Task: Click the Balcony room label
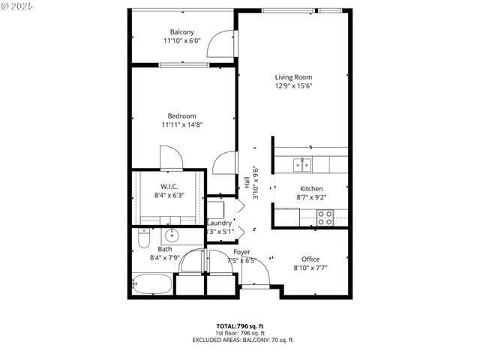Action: (x=182, y=31)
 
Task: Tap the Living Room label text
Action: (x=292, y=76)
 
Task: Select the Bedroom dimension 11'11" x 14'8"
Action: (x=181, y=124)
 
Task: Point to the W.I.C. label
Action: (x=169, y=186)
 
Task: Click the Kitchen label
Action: (x=311, y=189)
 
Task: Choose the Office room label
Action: (x=310, y=259)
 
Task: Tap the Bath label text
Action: (x=165, y=249)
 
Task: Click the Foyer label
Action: (x=241, y=252)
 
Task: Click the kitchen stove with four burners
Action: (x=325, y=217)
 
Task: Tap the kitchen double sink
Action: (x=302, y=163)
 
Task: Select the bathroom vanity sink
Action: (x=171, y=235)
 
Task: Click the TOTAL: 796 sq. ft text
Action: (x=240, y=326)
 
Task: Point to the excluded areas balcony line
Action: (x=240, y=340)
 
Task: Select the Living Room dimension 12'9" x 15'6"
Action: (x=292, y=85)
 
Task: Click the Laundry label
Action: (x=219, y=223)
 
